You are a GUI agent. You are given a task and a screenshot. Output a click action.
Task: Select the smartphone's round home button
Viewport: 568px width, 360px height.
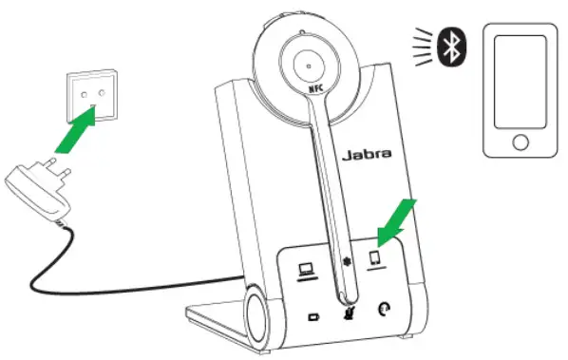(x=519, y=143)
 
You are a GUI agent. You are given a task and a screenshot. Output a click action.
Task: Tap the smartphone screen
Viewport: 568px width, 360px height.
(x=519, y=81)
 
